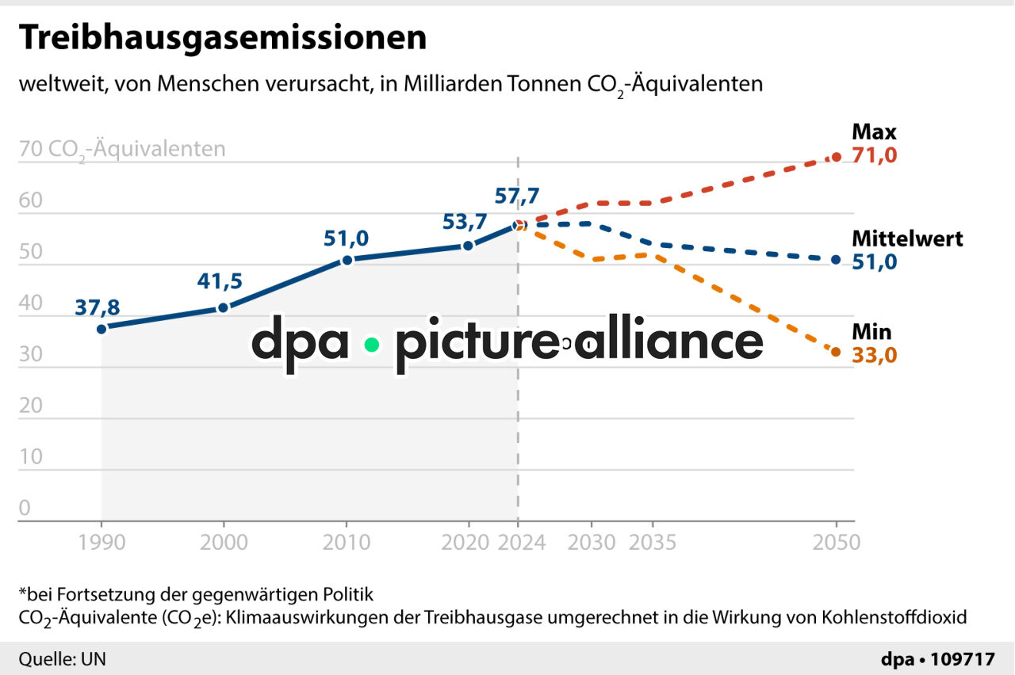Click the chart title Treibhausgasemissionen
(x=222, y=38)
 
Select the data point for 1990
(x=101, y=328)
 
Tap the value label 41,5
(x=220, y=281)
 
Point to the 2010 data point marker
(x=347, y=260)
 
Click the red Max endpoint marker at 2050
(x=836, y=157)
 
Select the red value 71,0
(x=874, y=155)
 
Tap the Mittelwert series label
(x=907, y=238)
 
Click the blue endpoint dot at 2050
(x=836, y=260)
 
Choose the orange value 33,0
(x=874, y=355)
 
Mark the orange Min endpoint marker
(x=836, y=352)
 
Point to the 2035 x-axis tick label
(x=652, y=543)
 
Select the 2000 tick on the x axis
(x=224, y=543)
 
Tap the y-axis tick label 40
(x=30, y=304)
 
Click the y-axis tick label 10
(x=30, y=457)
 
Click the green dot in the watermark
(x=371, y=345)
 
